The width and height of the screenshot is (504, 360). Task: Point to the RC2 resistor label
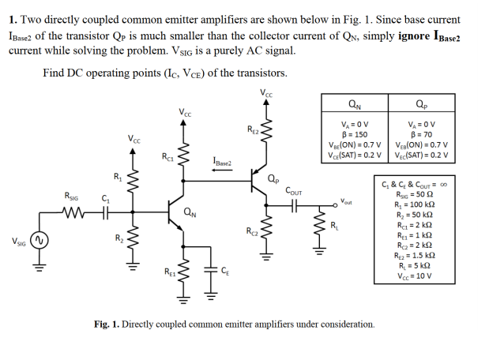252,231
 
